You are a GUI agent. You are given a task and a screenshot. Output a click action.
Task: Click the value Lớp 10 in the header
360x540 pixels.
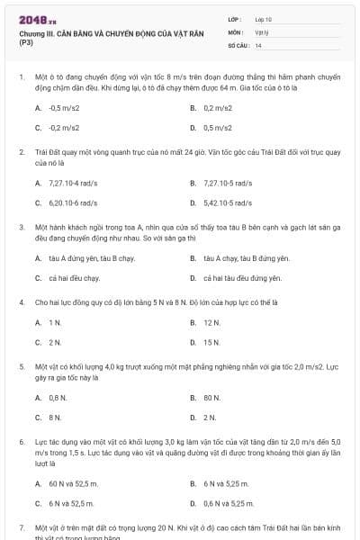pyautogui.click(x=263, y=18)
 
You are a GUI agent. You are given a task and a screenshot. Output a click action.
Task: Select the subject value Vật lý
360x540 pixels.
pyautogui.click(x=262, y=31)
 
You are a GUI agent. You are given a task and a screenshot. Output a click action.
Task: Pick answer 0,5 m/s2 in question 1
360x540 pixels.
pyautogui.click(x=219, y=127)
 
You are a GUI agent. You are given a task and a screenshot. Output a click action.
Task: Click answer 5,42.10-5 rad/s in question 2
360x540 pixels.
pyautogui.click(x=227, y=203)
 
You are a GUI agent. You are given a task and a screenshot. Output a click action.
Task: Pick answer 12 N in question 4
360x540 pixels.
pyautogui.click(x=211, y=321)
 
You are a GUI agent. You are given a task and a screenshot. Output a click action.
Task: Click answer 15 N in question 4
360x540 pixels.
pyautogui.click(x=211, y=342)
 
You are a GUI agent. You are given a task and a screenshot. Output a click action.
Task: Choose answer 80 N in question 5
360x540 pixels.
pyautogui.click(x=211, y=397)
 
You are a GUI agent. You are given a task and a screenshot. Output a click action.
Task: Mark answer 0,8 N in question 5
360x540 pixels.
pyautogui.click(x=58, y=397)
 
